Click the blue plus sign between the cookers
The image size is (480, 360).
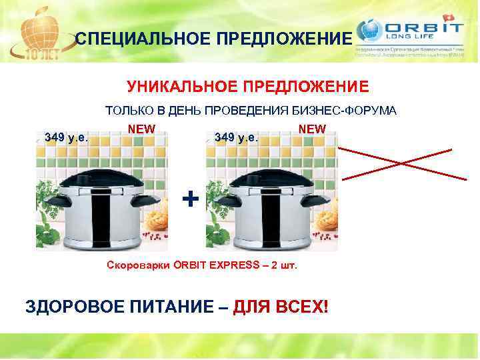[x=191, y=199]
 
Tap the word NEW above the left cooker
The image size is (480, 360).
[x=141, y=129]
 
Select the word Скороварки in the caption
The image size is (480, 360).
[x=138, y=265]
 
